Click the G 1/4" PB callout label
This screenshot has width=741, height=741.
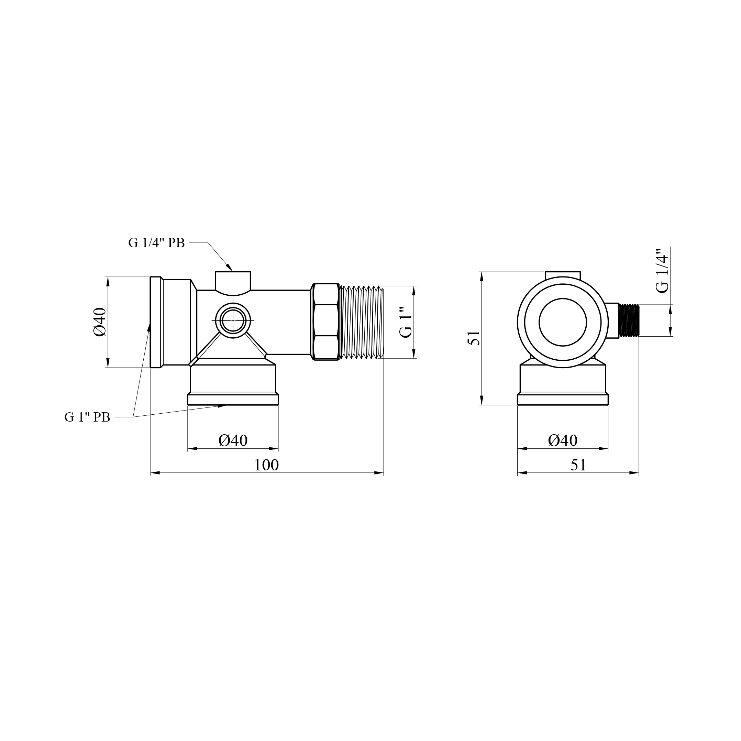pyautogui.click(x=156, y=243)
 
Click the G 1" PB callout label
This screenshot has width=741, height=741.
pyautogui.click(x=87, y=417)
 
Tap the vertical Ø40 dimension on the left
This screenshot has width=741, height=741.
pyautogui.click(x=100, y=322)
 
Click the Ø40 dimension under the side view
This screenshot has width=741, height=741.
pyautogui.click(x=233, y=440)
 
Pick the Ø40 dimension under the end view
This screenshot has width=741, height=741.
pyautogui.click(x=562, y=440)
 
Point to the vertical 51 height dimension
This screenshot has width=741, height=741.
pyautogui.click(x=474, y=338)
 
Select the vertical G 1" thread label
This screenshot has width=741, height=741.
pyautogui.click(x=406, y=322)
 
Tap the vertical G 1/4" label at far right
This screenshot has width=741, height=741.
pyautogui.click(x=662, y=271)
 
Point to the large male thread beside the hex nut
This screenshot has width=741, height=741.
pyautogui.click(x=362, y=322)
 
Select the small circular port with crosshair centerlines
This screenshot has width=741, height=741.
pyautogui.click(x=233, y=320)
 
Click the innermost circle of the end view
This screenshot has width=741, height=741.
pyautogui.click(x=562, y=322)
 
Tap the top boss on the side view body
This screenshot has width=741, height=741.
pyautogui.click(x=233, y=282)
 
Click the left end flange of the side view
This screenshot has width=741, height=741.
pyautogui.click(x=155, y=322)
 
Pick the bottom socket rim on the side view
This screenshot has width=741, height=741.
pyautogui.click(x=233, y=399)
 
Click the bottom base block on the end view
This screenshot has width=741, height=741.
pyautogui.click(x=562, y=384)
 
